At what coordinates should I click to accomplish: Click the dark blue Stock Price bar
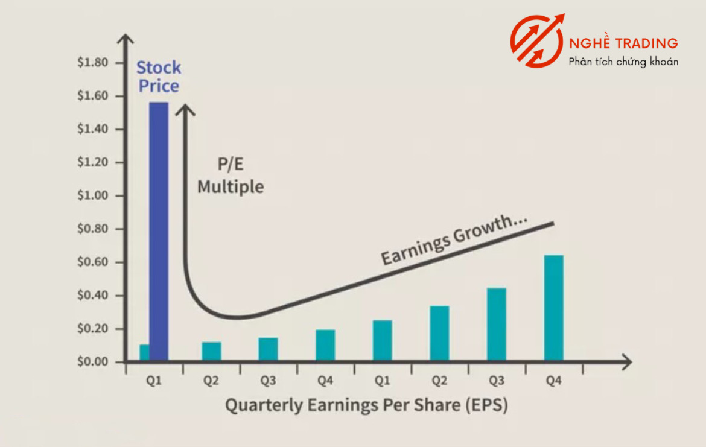point(159,232)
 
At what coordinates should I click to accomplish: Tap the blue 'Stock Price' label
point(159,77)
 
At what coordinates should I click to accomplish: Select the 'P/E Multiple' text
point(231,175)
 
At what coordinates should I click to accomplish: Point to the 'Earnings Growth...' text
point(454,239)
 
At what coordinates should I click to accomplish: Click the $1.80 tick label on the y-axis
point(93,62)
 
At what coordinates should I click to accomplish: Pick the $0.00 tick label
point(93,361)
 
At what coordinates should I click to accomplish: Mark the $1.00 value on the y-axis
point(93,195)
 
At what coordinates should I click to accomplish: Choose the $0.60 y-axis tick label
point(93,262)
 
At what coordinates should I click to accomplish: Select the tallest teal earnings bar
point(554,308)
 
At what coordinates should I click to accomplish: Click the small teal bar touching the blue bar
point(144,352)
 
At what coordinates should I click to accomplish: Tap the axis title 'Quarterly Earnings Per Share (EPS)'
point(366,405)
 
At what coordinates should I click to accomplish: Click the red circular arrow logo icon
point(536,41)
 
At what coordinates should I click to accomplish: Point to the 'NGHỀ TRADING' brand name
point(623,43)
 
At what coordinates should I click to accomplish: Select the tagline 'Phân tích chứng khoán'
point(623,62)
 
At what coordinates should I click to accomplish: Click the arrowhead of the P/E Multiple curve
point(185,109)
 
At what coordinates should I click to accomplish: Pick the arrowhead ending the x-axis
point(627,361)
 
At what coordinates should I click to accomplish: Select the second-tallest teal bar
point(497,324)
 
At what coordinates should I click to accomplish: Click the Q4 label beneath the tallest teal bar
point(554,381)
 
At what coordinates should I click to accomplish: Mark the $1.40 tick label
point(93,128)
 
